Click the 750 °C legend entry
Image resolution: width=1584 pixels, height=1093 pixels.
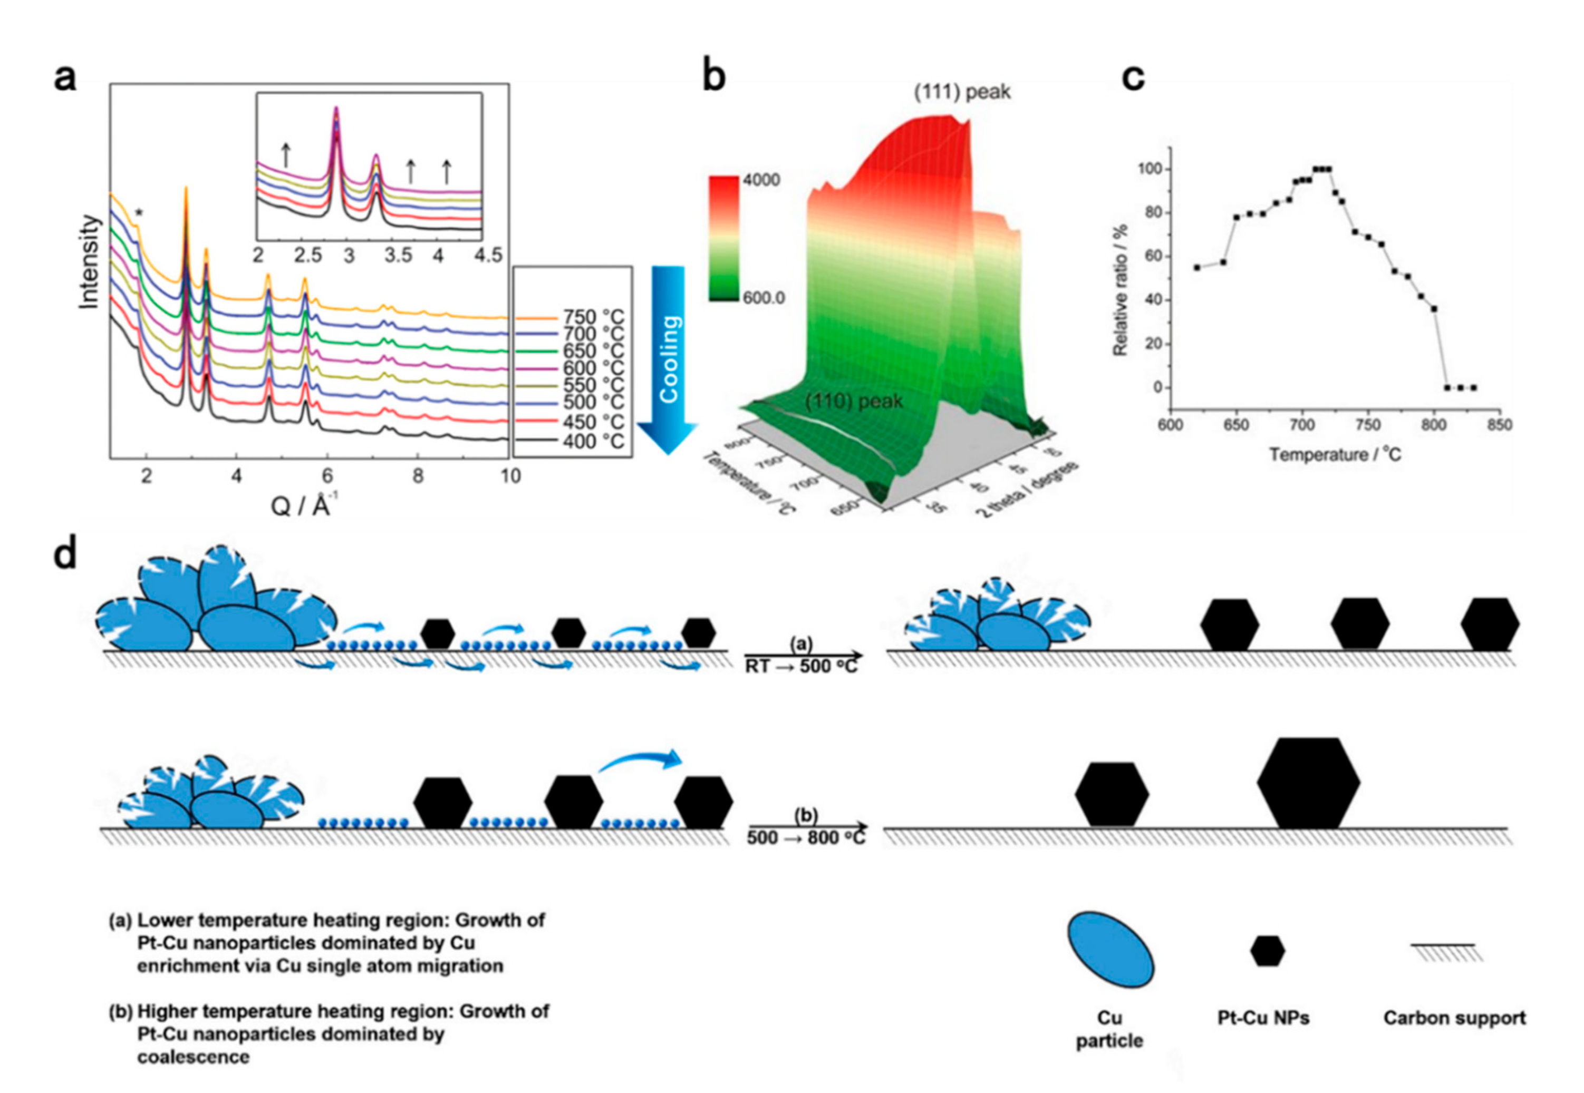(593, 318)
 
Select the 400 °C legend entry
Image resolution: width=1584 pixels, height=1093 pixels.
(593, 442)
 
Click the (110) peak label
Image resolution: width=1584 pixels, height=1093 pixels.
(854, 402)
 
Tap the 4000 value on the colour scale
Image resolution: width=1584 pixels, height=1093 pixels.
(762, 181)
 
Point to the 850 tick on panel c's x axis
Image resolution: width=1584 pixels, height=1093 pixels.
(1499, 425)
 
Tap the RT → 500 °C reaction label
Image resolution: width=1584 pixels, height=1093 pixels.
(801, 666)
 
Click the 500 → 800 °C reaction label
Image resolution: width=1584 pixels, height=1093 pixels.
(806, 837)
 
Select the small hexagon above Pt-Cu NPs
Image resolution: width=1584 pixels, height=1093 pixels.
(1268, 951)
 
